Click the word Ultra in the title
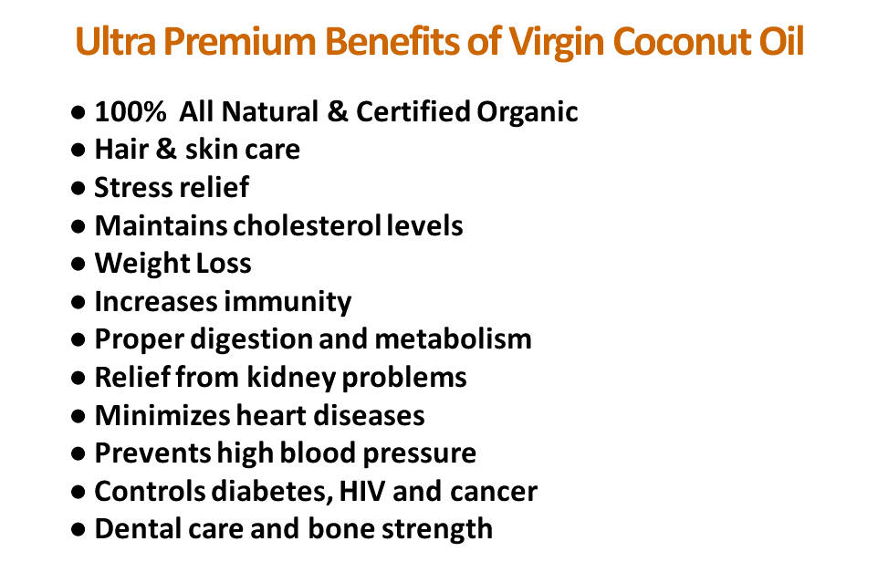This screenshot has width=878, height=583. (x=116, y=41)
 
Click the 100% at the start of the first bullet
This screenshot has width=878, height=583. (x=130, y=111)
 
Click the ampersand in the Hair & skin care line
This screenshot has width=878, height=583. (x=166, y=149)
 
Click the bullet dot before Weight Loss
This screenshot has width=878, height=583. (x=78, y=264)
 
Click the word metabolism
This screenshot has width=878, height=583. (x=453, y=339)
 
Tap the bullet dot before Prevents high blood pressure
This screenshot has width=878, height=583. (x=78, y=453)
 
